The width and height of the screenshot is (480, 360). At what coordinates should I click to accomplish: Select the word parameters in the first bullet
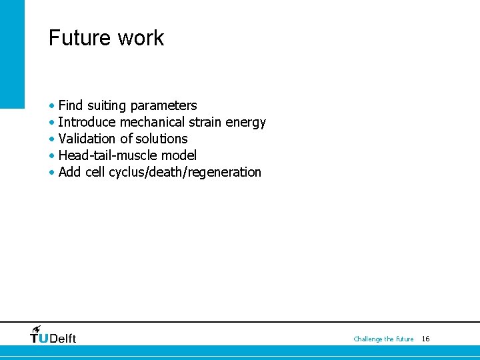click(164, 106)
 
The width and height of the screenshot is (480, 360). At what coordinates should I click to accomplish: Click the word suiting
click(107, 105)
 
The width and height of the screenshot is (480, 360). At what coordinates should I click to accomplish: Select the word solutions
click(161, 139)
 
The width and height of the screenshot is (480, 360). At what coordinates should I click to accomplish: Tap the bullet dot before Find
click(52, 106)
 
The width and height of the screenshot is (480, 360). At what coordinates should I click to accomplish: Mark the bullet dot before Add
click(52, 173)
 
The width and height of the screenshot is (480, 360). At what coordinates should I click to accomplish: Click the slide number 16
click(425, 339)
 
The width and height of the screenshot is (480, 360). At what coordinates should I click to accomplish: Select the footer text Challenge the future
click(383, 339)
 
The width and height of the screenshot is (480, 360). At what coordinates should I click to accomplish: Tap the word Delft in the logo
click(63, 339)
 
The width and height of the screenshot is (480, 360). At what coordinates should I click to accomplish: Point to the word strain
click(206, 122)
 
